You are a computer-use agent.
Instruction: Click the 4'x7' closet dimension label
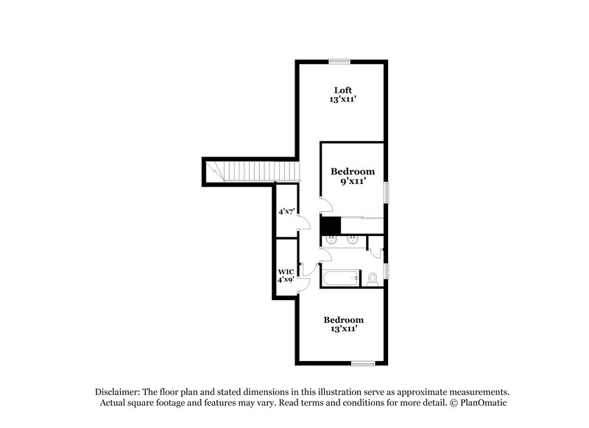click(x=286, y=212)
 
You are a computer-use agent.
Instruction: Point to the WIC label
click(x=286, y=271)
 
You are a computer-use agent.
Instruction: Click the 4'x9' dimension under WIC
click(x=286, y=280)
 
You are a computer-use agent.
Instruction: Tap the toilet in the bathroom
click(x=373, y=278)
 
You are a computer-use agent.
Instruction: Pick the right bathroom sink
click(x=353, y=238)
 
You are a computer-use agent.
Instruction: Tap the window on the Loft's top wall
click(x=339, y=61)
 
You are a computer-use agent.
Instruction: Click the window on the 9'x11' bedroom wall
click(x=386, y=193)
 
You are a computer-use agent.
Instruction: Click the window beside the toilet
click(x=386, y=271)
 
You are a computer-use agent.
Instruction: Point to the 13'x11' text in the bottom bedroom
click(x=345, y=329)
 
